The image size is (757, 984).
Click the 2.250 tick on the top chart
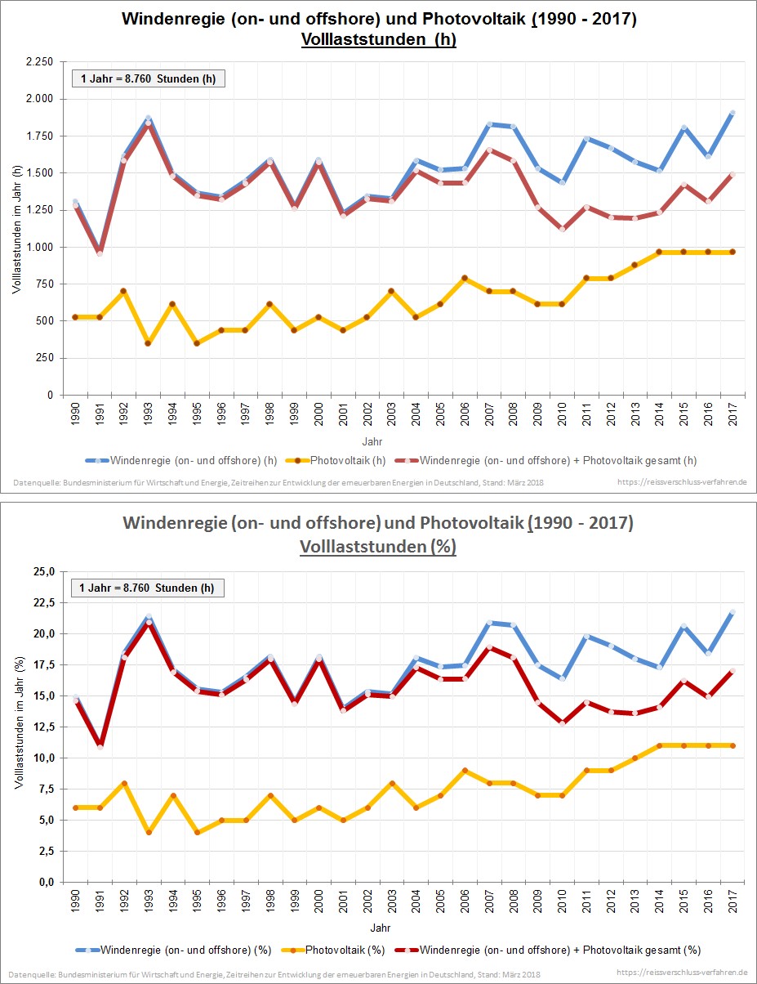[x=38, y=62]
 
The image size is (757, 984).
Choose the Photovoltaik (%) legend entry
[x=338, y=950]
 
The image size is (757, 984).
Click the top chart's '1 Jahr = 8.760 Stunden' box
[x=148, y=78]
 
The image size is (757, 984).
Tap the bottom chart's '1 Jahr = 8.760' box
[x=148, y=588]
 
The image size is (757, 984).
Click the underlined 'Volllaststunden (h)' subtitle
[x=378, y=40]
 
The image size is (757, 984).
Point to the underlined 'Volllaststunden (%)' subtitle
[x=378, y=547]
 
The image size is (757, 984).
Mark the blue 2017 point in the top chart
[x=733, y=113]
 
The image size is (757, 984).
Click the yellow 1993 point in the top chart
[x=149, y=343]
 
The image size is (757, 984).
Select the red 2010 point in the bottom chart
[x=562, y=722]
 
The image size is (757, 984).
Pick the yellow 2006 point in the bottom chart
[x=464, y=771]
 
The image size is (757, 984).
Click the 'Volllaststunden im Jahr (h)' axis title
[x=16, y=228]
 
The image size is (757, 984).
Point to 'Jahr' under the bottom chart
[x=379, y=928]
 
